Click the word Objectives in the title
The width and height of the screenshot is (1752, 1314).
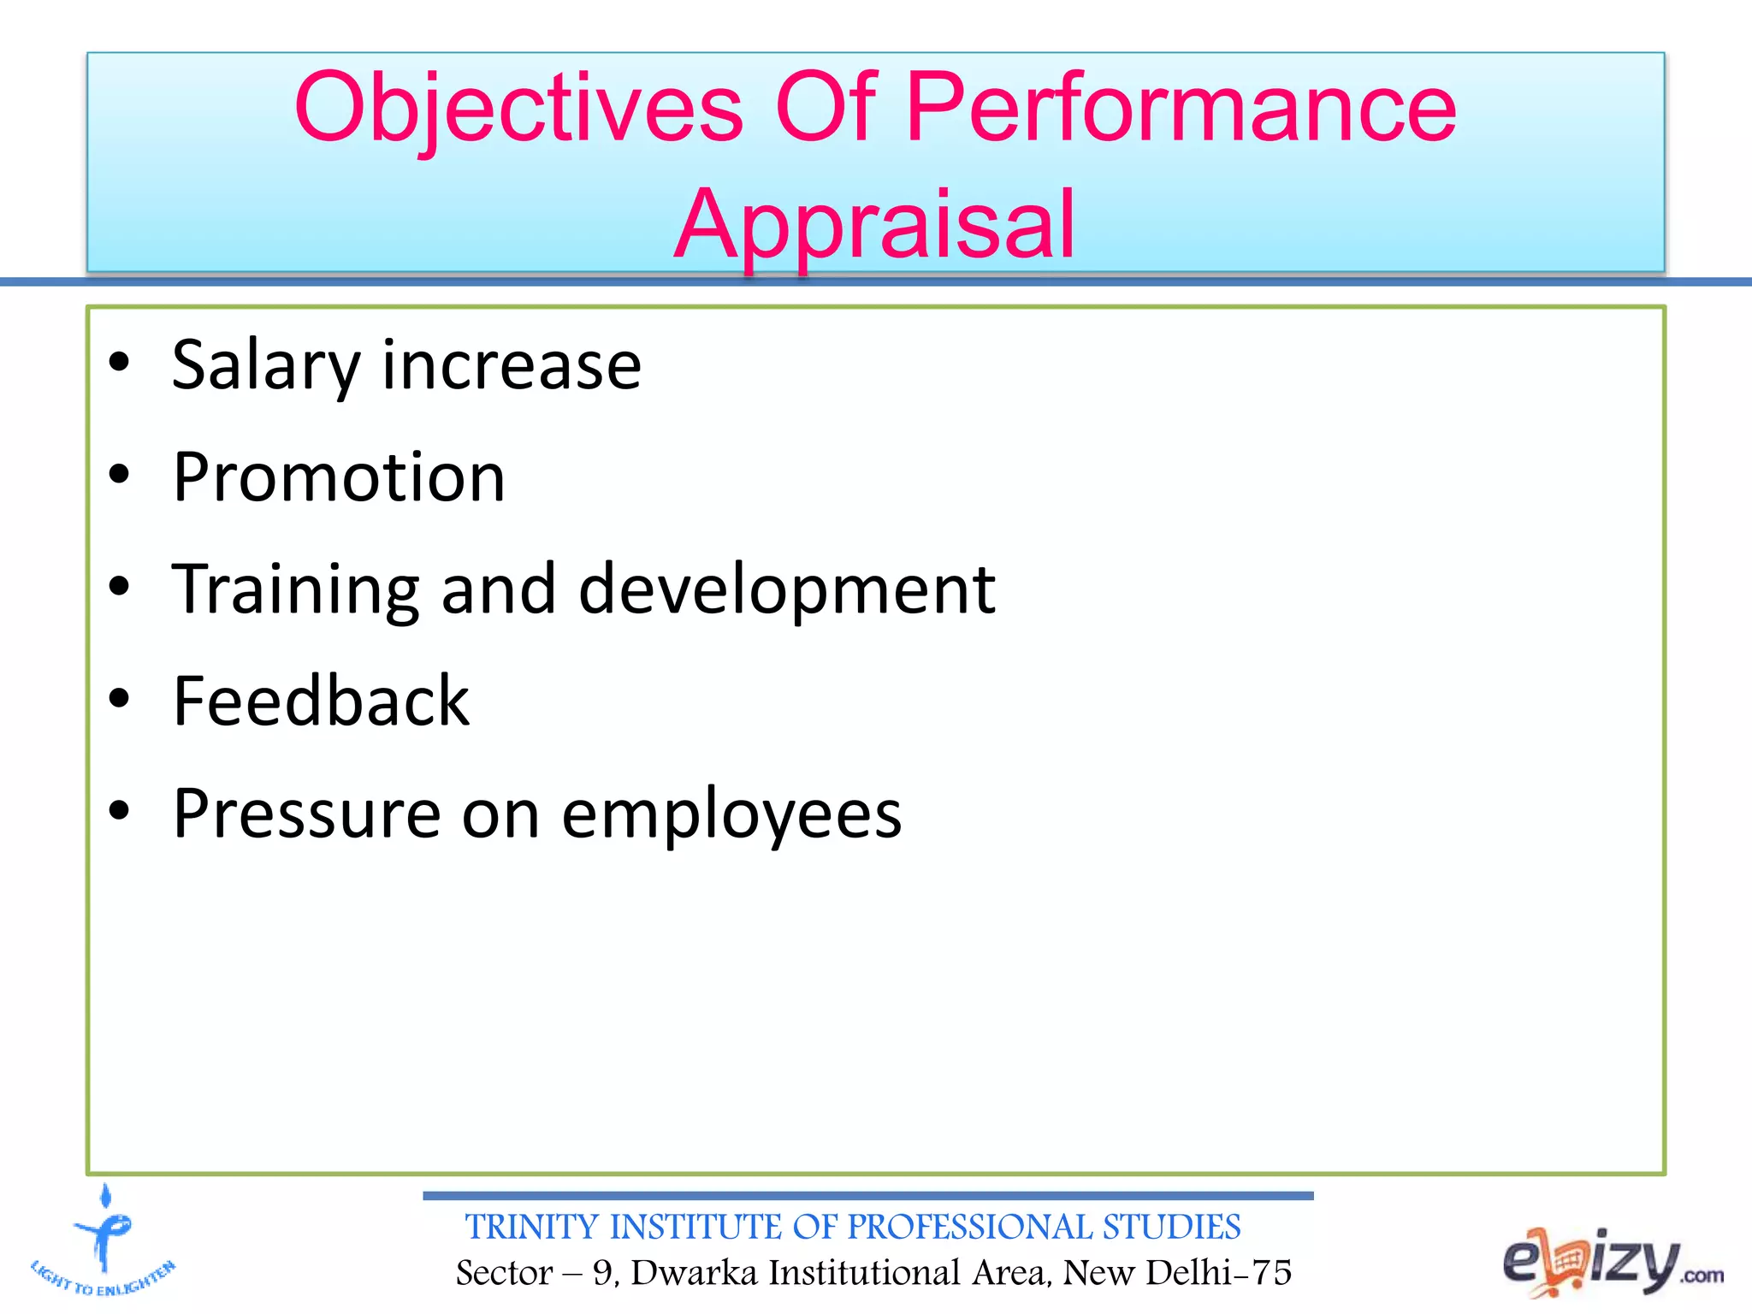(x=518, y=109)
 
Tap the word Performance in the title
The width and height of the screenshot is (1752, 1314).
(x=1181, y=109)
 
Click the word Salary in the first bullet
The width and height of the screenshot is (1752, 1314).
(x=265, y=366)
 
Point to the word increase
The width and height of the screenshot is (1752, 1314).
(x=512, y=366)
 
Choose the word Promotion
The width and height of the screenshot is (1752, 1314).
(x=339, y=477)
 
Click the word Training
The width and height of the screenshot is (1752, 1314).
(x=296, y=590)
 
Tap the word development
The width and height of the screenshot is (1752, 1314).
(x=787, y=590)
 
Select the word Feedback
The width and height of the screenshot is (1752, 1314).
(x=321, y=701)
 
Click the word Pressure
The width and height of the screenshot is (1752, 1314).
(x=305, y=814)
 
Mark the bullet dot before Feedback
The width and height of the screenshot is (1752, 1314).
(x=119, y=698)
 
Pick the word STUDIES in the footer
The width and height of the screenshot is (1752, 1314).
(x=1171, y=1227)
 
